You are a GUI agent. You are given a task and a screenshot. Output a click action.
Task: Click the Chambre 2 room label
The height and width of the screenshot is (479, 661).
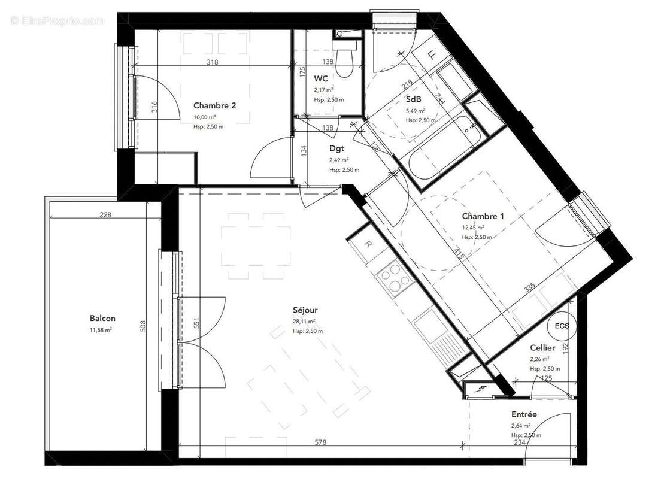pos(214,105)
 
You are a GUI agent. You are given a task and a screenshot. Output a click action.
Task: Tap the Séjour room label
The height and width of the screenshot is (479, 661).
pos(305,310)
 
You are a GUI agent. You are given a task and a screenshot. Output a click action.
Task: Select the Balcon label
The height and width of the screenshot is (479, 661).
pos(102,319)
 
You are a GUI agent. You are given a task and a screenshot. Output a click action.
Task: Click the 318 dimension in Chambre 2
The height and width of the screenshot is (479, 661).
pos(211,62)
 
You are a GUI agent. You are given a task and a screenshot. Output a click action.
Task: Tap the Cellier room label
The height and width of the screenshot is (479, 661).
pos(542,348)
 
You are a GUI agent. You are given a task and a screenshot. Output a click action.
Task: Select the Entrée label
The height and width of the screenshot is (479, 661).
pos(524,414)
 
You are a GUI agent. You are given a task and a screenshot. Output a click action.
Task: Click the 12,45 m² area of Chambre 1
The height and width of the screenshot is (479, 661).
pos(473,228)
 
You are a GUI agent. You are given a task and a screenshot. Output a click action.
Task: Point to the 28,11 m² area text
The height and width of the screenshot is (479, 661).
pos(304,321)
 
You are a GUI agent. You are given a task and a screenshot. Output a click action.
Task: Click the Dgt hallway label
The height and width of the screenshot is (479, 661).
pos(336,149)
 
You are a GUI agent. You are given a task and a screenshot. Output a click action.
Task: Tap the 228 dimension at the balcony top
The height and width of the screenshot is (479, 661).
pos(105,215)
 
